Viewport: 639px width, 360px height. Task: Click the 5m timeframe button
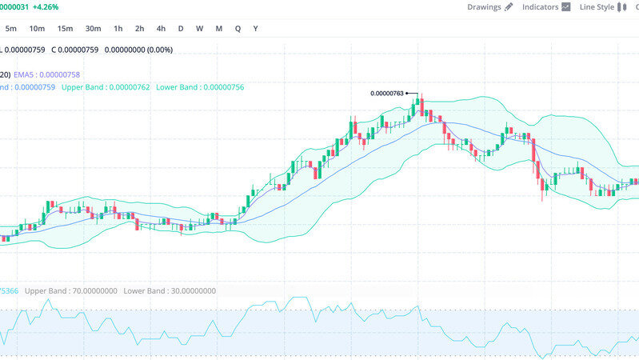[x=11, y=29]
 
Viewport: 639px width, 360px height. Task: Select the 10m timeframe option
[x=37, y=29]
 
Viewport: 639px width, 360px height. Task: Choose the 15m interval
[x=65, y=29]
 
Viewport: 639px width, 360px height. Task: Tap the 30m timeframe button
[x=93, y=29]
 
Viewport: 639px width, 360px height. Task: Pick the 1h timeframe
[x=118, y=29]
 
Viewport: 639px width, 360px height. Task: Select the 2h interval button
[x=140, y=29]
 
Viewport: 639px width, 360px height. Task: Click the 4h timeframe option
[x=162, y=29]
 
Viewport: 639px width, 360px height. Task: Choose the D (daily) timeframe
[x=181, y=29]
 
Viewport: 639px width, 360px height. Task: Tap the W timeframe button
[x=199, y=29]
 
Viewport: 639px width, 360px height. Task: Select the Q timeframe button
[x=238, y=29]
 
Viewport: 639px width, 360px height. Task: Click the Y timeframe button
[x=255, y=29]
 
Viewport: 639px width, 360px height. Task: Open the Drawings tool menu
[x=489, y=7]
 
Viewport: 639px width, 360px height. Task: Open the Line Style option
[x=603, y=7]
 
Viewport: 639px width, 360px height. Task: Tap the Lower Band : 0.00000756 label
[x=200, y=86]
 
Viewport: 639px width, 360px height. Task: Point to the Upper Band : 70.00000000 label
[x=71, y=291]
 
